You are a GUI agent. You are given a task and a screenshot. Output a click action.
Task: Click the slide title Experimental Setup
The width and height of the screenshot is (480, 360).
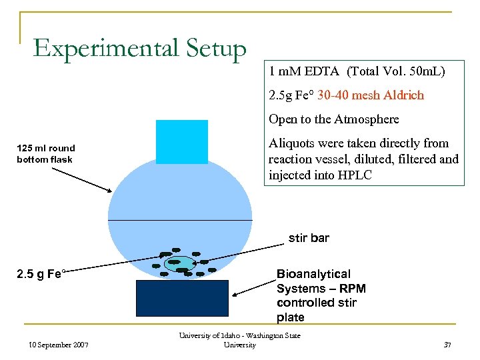pos(140,49)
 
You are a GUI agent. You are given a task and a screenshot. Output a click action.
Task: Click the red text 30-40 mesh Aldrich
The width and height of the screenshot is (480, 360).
pos(371,95)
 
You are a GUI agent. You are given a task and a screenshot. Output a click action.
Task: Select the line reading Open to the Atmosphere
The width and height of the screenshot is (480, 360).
pos(333,119)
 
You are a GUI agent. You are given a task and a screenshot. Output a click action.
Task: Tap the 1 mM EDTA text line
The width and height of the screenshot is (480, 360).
pos(357,71)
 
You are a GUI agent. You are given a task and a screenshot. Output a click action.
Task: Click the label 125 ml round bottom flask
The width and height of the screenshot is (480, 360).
pos(46,153)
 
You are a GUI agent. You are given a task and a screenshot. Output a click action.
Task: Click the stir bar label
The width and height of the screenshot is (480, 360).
pos(309,237)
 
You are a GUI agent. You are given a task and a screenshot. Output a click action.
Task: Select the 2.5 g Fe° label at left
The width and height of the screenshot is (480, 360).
pos(41,274)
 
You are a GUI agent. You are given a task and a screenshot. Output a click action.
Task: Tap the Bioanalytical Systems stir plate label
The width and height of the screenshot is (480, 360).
pos(321,295)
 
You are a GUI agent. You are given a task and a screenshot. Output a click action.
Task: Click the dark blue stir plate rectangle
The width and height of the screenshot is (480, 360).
pos(181,297)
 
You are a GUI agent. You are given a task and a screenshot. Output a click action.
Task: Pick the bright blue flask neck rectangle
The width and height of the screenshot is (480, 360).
pos(181,141)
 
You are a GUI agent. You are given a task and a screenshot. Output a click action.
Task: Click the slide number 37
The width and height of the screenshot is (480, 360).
pos(447,344)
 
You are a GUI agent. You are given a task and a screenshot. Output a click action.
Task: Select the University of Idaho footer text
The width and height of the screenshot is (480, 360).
pos(239,339)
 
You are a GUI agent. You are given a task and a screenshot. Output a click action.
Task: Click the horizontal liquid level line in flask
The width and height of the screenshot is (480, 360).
pos(180,219)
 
